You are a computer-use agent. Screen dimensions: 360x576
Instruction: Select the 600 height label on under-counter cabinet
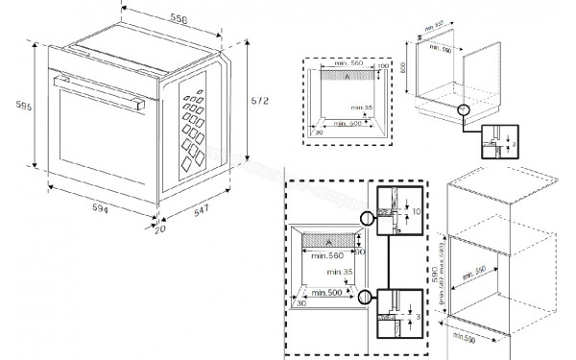pos(405,68)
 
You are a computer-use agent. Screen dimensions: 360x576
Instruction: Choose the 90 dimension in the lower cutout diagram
pos(360,252)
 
